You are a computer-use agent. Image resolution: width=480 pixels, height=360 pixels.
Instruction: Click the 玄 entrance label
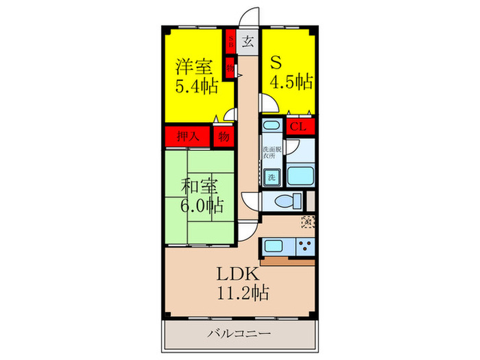pyautogui.click(x=248, y=40)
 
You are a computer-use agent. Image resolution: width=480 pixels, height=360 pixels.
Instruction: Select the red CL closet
pyautogui.click(x=298, y=126)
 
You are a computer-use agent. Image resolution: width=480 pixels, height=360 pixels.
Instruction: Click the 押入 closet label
pyautogui.click(x=187, y=136)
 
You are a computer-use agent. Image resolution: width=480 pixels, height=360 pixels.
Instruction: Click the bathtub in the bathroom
pyautogui.click(x=300, y=175)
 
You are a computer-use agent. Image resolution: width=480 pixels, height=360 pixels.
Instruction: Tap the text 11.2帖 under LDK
pyautogui.click(x=239, y=293)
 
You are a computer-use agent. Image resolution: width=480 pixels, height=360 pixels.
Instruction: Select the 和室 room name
pyautogui.click(x=197, y=186)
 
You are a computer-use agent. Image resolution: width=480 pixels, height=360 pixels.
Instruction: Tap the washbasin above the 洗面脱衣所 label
pyautogui.click(x=271, y=128)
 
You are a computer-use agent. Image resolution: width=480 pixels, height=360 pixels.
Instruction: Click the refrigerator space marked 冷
pyautogui.click(x=308, y=221)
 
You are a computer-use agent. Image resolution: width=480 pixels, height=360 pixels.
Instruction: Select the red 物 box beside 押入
pyautogui.click(x=224, y=136)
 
